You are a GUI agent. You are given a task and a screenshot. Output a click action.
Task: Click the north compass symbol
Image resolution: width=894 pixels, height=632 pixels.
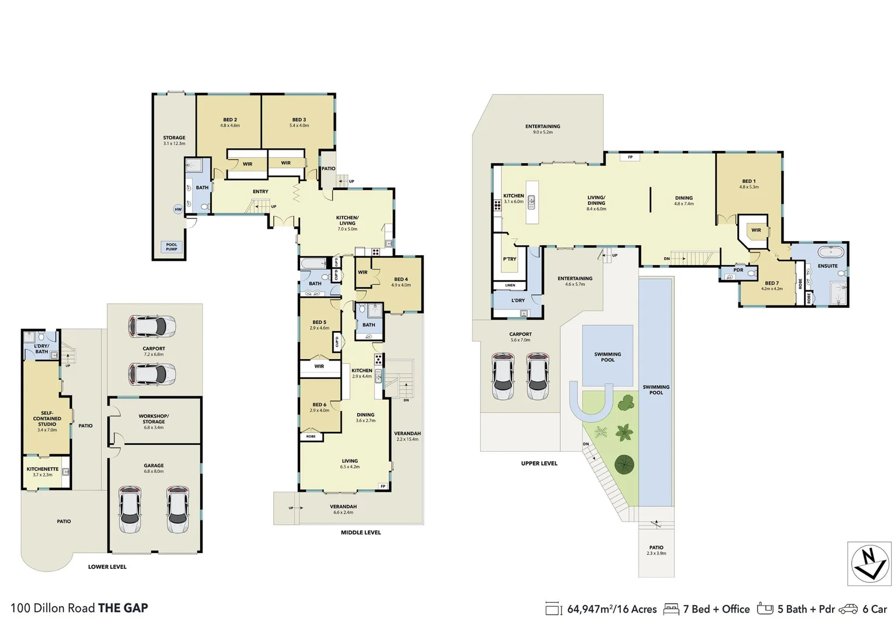(869, 564)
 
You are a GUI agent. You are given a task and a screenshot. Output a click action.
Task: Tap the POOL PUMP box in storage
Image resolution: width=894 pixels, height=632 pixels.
(171, 247)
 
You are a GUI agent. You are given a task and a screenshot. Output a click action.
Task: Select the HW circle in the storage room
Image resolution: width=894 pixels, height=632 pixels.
(178, 209)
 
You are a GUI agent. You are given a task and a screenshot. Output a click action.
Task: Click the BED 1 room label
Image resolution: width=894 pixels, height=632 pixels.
(748, 181)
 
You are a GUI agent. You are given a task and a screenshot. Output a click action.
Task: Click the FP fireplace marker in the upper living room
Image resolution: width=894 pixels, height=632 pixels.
(630, 157)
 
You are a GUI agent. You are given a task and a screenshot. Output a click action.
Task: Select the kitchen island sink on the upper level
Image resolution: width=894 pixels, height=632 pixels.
(531, 202)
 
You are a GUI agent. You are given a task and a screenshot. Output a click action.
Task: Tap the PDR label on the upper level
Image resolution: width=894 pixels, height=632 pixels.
(738, 270)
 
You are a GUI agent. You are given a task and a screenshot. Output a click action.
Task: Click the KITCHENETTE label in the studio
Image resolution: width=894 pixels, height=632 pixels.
(43, 469)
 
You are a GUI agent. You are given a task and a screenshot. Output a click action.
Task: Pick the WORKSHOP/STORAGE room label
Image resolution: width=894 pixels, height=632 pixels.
(154, 419)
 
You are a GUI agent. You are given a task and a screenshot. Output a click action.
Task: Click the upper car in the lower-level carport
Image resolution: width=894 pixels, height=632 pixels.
(152, 327)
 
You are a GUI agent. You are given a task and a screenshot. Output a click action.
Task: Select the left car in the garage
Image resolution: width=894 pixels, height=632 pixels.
(130, 509)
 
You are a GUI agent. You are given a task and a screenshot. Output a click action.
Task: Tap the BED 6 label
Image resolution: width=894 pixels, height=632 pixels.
(319, 404)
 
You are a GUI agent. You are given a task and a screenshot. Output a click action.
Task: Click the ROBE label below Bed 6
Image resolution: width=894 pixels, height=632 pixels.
(311, 436)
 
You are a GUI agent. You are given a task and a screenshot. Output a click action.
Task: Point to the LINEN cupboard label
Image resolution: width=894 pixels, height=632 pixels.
(510, 285)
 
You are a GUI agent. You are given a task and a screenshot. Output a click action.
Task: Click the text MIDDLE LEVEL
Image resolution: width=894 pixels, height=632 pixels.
(360, 533)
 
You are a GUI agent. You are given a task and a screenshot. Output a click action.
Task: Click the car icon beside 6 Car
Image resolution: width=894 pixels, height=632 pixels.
(848, 609)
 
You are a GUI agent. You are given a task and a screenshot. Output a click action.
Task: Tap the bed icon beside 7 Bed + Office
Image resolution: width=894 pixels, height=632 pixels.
(670, 609)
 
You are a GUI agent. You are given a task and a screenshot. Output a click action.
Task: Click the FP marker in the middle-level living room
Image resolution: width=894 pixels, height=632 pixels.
(383, 486)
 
